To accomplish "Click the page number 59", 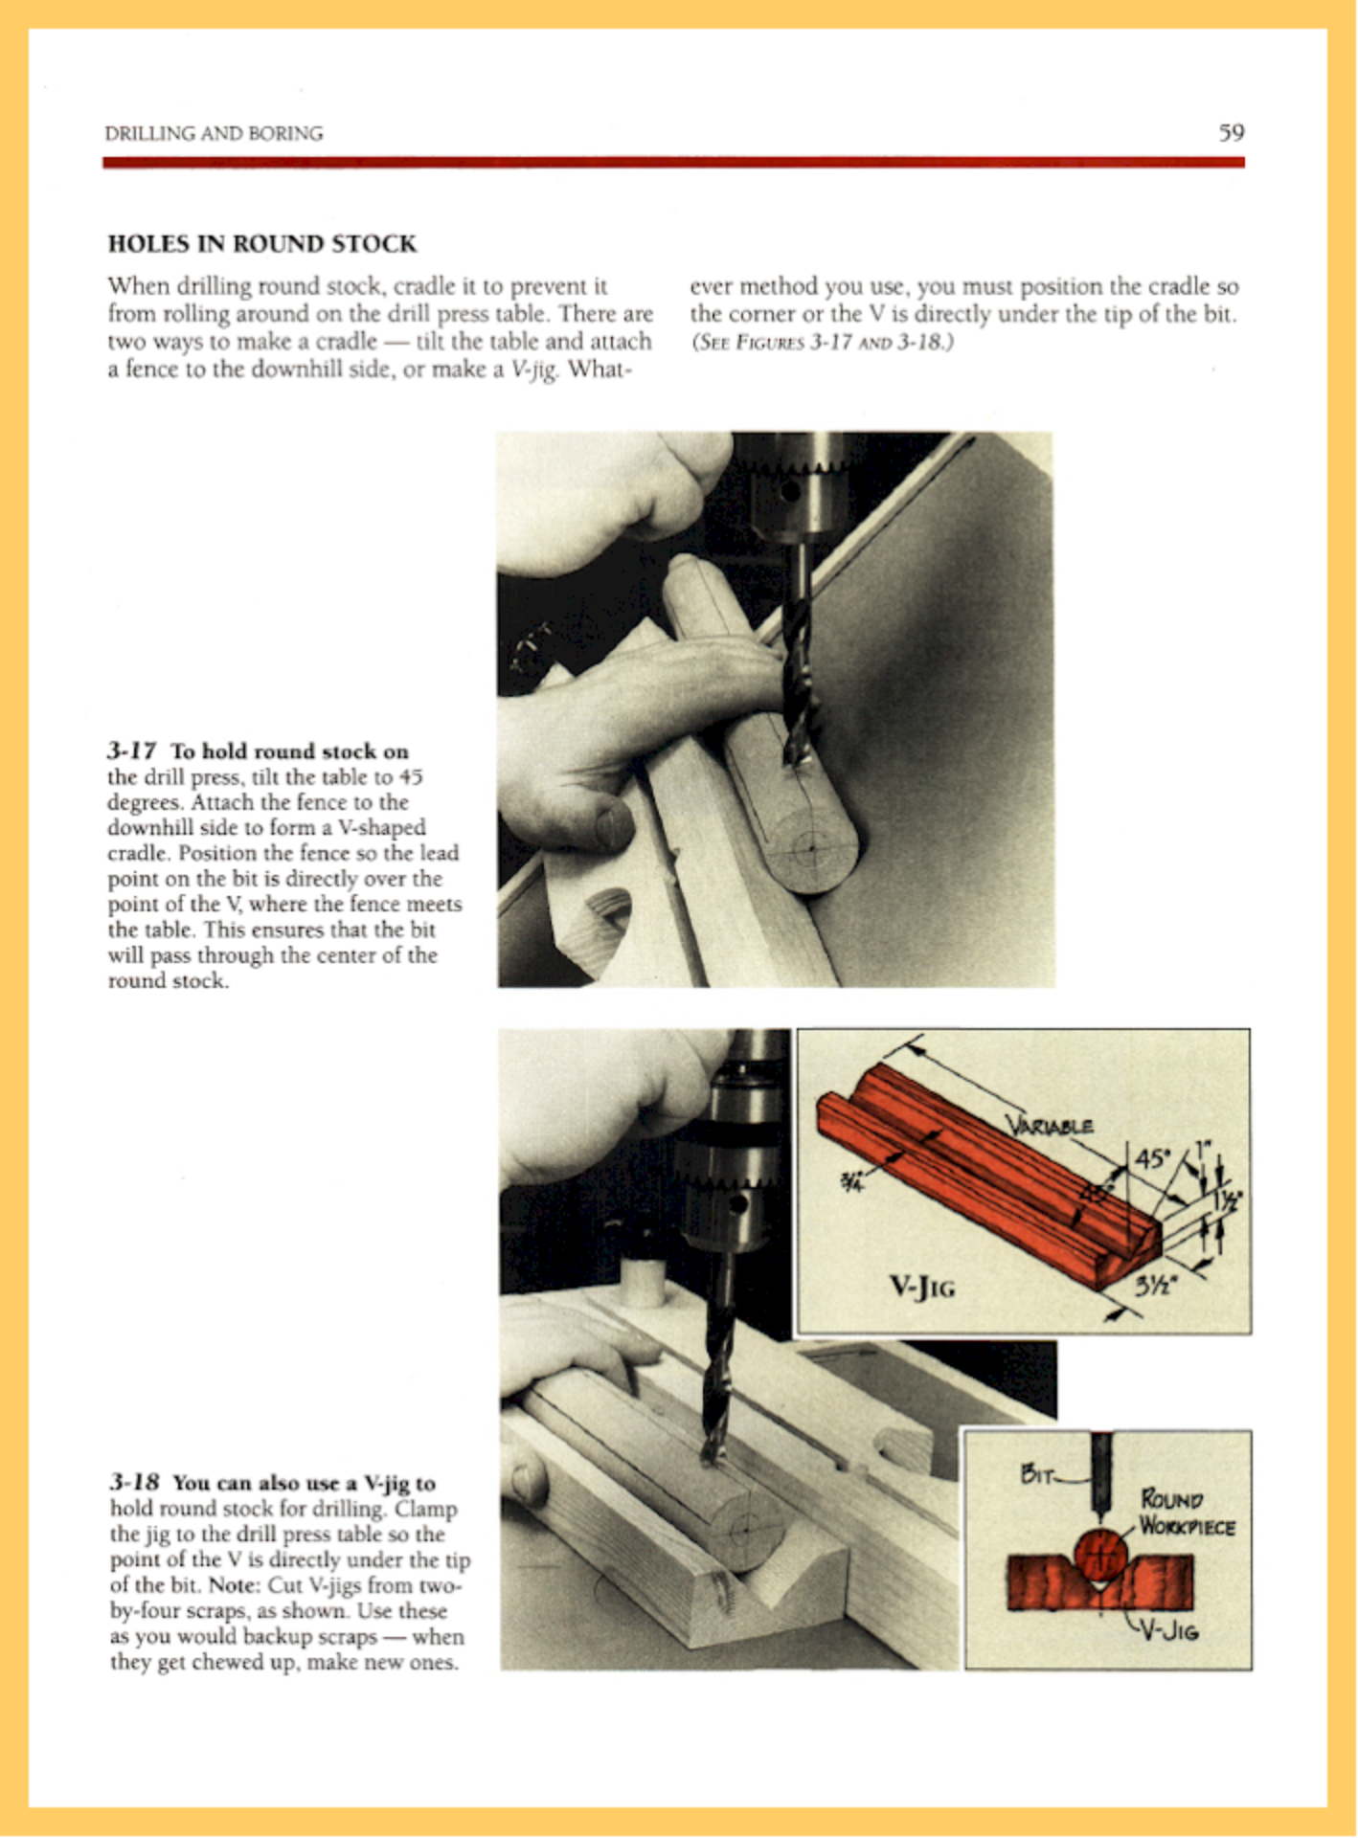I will click(1231, 132).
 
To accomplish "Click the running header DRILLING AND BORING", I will click(214, 133).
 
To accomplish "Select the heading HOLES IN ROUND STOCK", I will click(261, 243).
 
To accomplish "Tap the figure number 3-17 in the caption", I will click(131, 751).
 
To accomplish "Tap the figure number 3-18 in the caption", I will click(133, 1483).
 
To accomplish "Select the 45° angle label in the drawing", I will click(1152, 1158).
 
